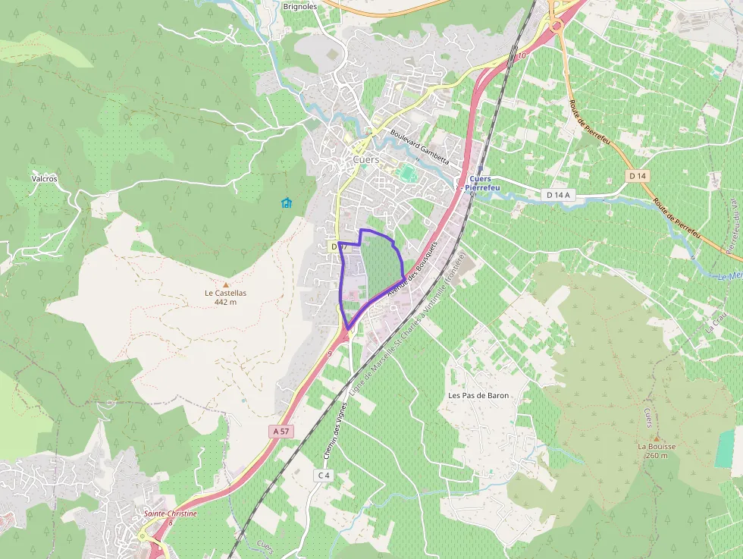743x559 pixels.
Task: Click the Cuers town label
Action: pos(366,160)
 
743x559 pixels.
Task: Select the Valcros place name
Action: pos(44,179)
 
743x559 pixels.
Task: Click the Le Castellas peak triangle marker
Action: pos(225,284)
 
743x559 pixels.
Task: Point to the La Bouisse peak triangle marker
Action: pos(657,438)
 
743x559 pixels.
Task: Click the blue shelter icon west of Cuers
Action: pos(286,203)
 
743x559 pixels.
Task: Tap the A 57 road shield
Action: pos(281,431)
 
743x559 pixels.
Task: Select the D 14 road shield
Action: pos(638,176)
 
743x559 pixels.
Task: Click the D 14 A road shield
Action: pos(557,195)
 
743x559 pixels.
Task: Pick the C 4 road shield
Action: pos(324,475)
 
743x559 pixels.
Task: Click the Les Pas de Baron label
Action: pos(478,395)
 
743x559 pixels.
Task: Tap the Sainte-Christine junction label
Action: pos(171,513)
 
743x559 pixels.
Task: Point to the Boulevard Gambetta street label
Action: pos(419,146)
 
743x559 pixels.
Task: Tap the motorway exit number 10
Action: pos(522,56)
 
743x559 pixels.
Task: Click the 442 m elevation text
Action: pos(225,302)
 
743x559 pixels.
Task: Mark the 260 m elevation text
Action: pos(657,455)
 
